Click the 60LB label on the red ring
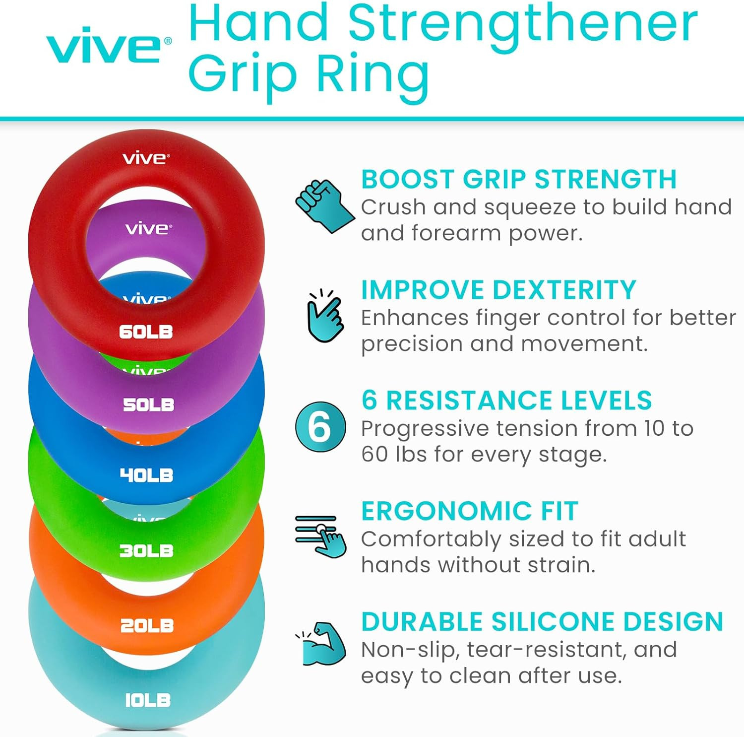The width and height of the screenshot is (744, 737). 146,332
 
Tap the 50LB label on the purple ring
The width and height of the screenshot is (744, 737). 148,404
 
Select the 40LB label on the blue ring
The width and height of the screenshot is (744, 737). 146,475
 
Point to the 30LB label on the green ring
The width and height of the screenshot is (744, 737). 146,550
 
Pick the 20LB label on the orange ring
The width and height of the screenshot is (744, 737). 147,625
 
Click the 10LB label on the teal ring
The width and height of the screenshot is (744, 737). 147,700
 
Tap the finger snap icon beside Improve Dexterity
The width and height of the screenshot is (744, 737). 325,316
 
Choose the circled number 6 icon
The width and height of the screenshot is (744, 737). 320,427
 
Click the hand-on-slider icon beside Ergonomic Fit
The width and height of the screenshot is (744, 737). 320,536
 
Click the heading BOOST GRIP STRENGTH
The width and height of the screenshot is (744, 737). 518,179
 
